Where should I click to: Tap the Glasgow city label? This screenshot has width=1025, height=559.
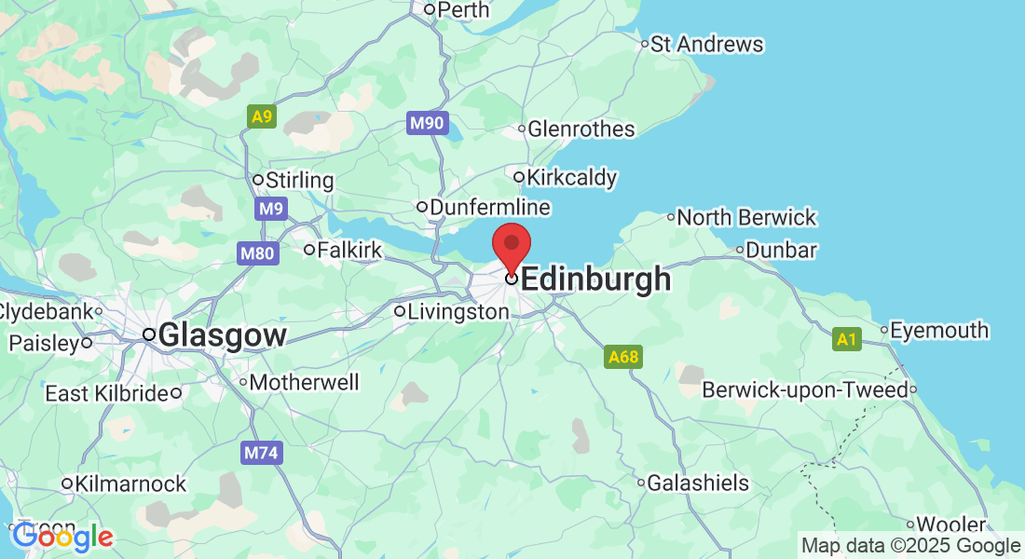(x=222, y=335)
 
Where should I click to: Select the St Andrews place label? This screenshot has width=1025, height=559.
(x=706, y=44)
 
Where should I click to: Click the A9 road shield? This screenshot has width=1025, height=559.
(x=262, y=116)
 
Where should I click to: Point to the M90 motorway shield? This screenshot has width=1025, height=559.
(x=428, y=123)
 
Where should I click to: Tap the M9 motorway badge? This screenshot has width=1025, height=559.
(x=270, y=209)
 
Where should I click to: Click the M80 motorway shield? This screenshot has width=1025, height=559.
(x=257, y=253)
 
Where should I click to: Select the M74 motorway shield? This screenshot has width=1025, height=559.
(x=261, y=453)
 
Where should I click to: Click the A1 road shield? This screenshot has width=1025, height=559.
(x=846, y=339)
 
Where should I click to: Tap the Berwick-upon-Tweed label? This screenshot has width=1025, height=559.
(x=804, y=389)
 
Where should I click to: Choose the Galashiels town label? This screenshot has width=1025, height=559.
(x=698, y=483)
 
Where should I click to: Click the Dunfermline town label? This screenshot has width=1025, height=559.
(x=489, y=207)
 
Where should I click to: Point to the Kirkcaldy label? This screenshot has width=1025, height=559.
(x=571, y=177)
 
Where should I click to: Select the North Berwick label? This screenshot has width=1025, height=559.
(x=746, y=217)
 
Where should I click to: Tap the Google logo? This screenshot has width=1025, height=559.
(x=62, y=537)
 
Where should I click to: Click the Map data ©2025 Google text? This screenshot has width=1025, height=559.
(x=911, y=546)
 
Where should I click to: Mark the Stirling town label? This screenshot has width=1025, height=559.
(x=299, y=180)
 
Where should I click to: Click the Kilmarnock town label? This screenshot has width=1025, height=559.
(x=130, y=484)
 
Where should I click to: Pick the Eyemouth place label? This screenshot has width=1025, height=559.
(x=939, y=330)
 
